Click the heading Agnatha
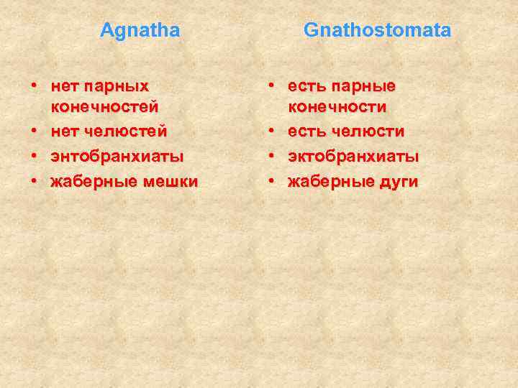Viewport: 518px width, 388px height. pyautogui.click(x=140, y=30)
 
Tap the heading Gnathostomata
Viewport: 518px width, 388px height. pyautogui.click(x=377, y=30)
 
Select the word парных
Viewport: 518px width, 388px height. pyautogui.click(x=116, y=86)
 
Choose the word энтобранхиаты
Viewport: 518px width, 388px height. pyautogui.click(x=117, y=157)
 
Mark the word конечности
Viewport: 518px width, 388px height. pyautogui.click(x=337, y=108)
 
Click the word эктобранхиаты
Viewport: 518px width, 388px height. pyautogui.click(x=353, y=157)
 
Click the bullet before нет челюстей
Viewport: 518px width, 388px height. pyautogui.click(x=34, y=132)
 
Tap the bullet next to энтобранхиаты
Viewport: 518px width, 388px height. pyautogui.click(x=34, y=157)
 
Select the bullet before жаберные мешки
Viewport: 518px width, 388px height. pyautogui.click(x=34, y=182)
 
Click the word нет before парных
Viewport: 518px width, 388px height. pyautogui.click(x=65, y=86)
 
